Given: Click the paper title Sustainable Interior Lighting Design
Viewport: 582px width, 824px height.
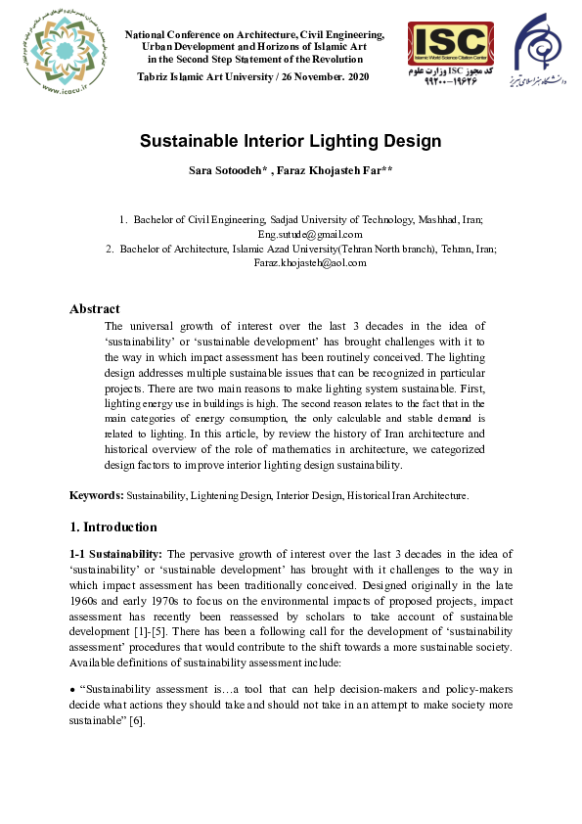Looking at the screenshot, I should click(291, 141).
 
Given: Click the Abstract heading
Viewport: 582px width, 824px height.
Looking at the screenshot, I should click(95, 309).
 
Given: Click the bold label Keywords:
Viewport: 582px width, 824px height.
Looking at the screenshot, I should click(96, 496).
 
